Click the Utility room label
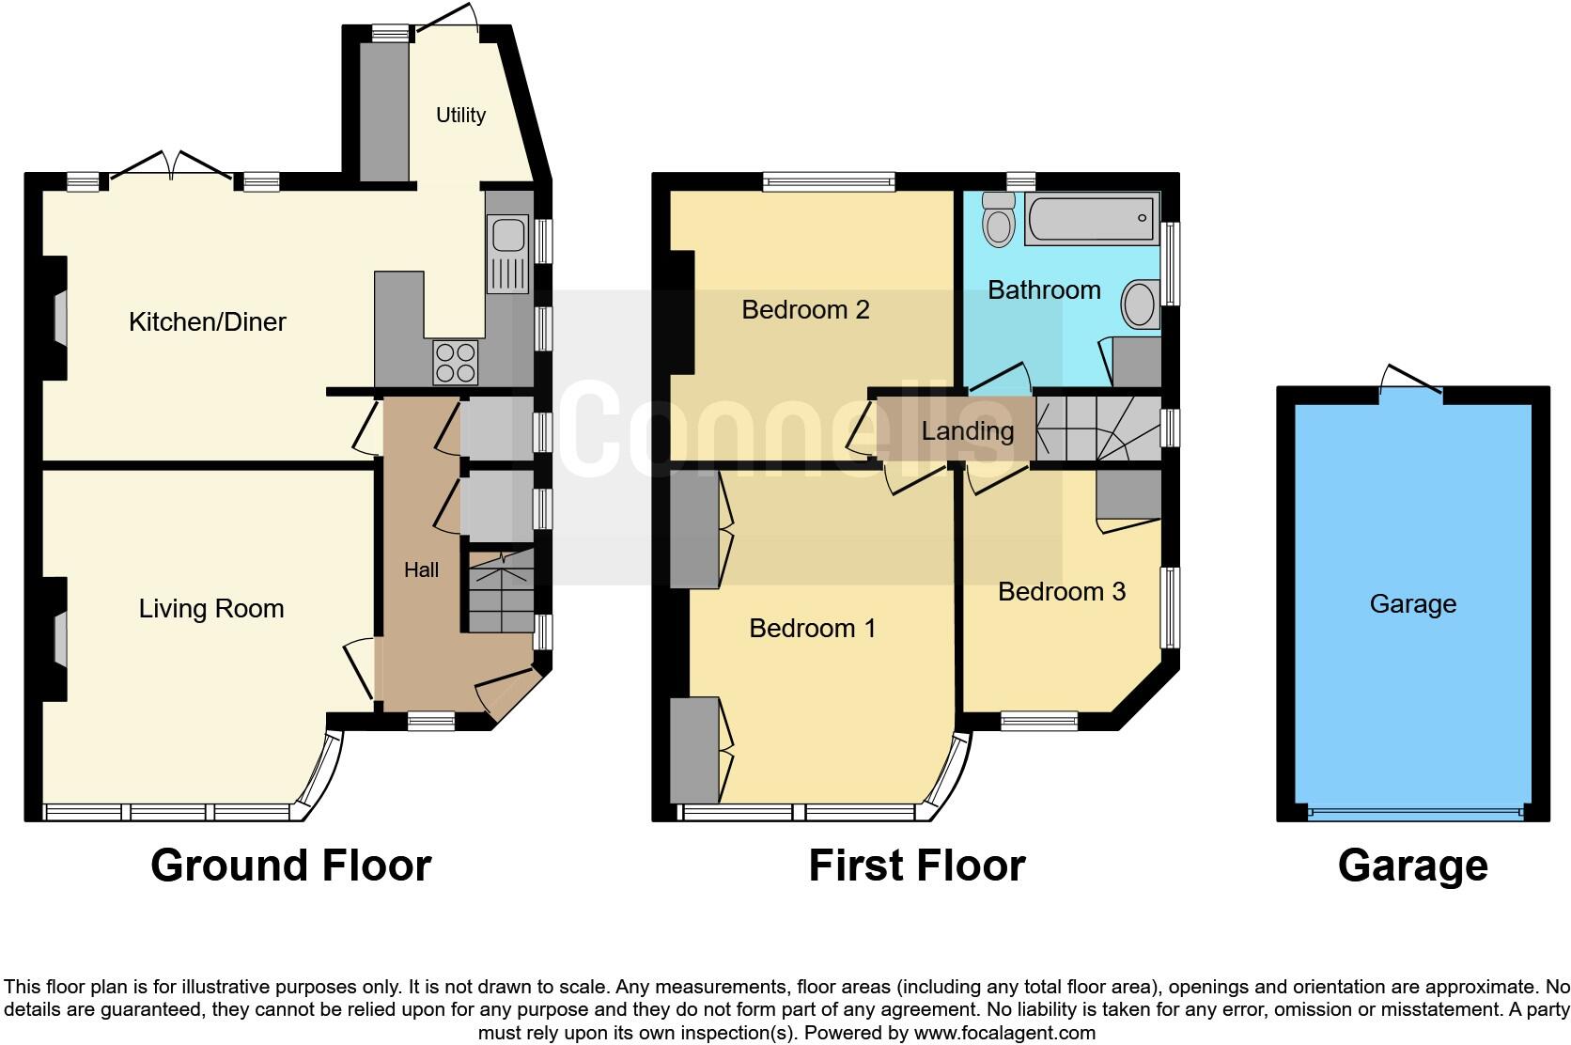pyautogui.click(x=460, y=115)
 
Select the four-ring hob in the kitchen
pyautogui.click(x=455, y=362)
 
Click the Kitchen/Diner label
pyautogui.click(x=207, y=321)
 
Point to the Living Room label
pyautogui.click(x=211, y=608)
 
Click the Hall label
pyautogui.click(x=421, y=569)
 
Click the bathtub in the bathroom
pyautogui.click(x=1091, y=219)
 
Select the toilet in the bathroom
pyautogui.click(x=999, y=219)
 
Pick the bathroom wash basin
pyautogui.click(x=1141, y=304)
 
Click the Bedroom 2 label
pyautogui.click(x=805, y=309)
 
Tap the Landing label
pyautogui.click(x=967, y=431)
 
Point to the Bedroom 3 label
pyautogui.click(x=1061, y=591)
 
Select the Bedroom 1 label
pyautogui.click(x=812, y=628)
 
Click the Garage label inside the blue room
pyautogui.click(x=1412, y=603)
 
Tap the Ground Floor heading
pyautogui.click(x=290, y=866)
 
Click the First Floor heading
pyautogui.click(x=916, y=866)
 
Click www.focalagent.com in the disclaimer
pyautogui.click(x=1004, y=1033)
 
